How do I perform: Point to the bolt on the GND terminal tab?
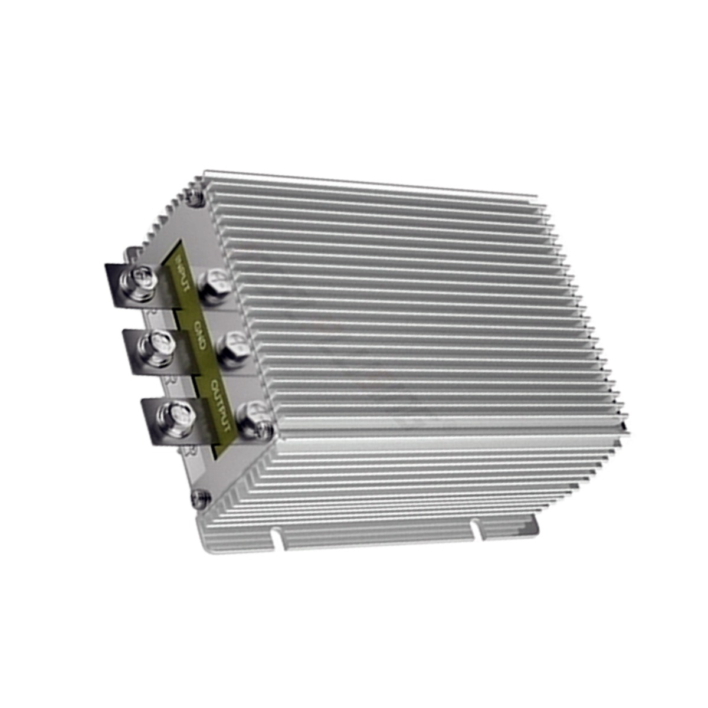coord(158,343)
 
